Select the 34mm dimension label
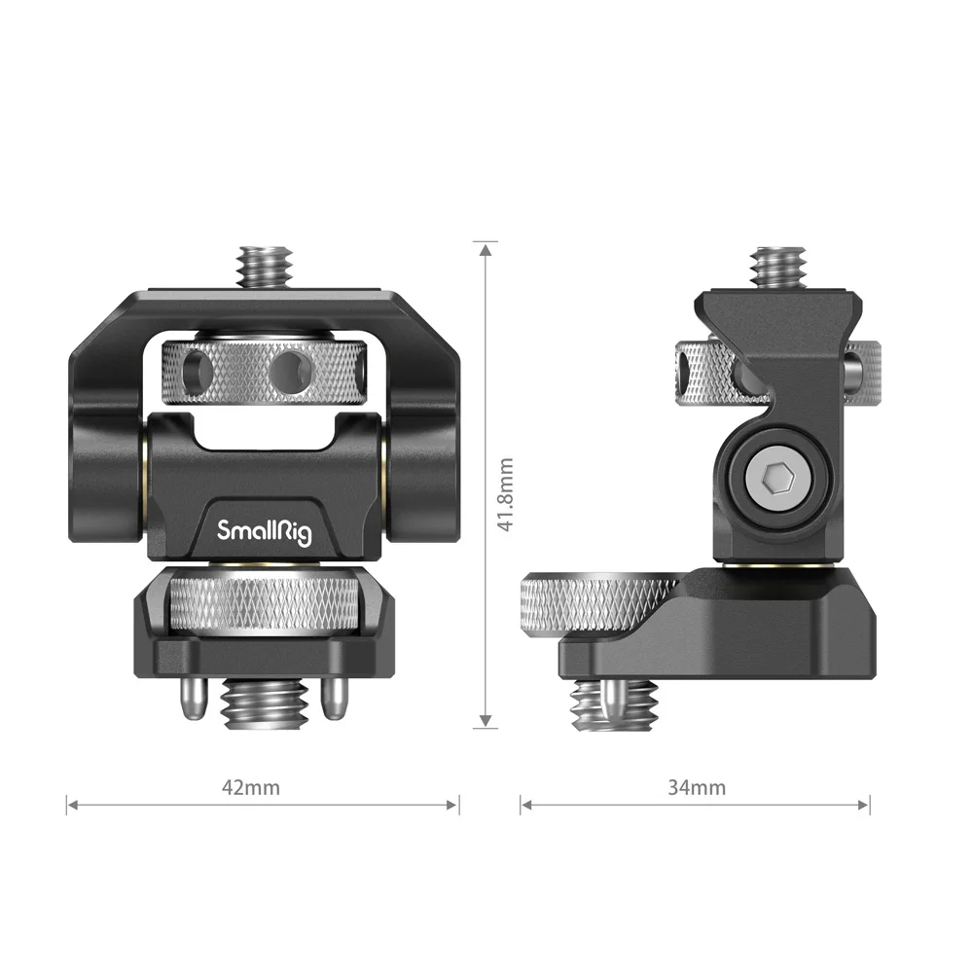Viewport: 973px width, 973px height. [x=697, y=787]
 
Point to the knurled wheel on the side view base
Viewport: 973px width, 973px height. [x=598, y=606]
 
